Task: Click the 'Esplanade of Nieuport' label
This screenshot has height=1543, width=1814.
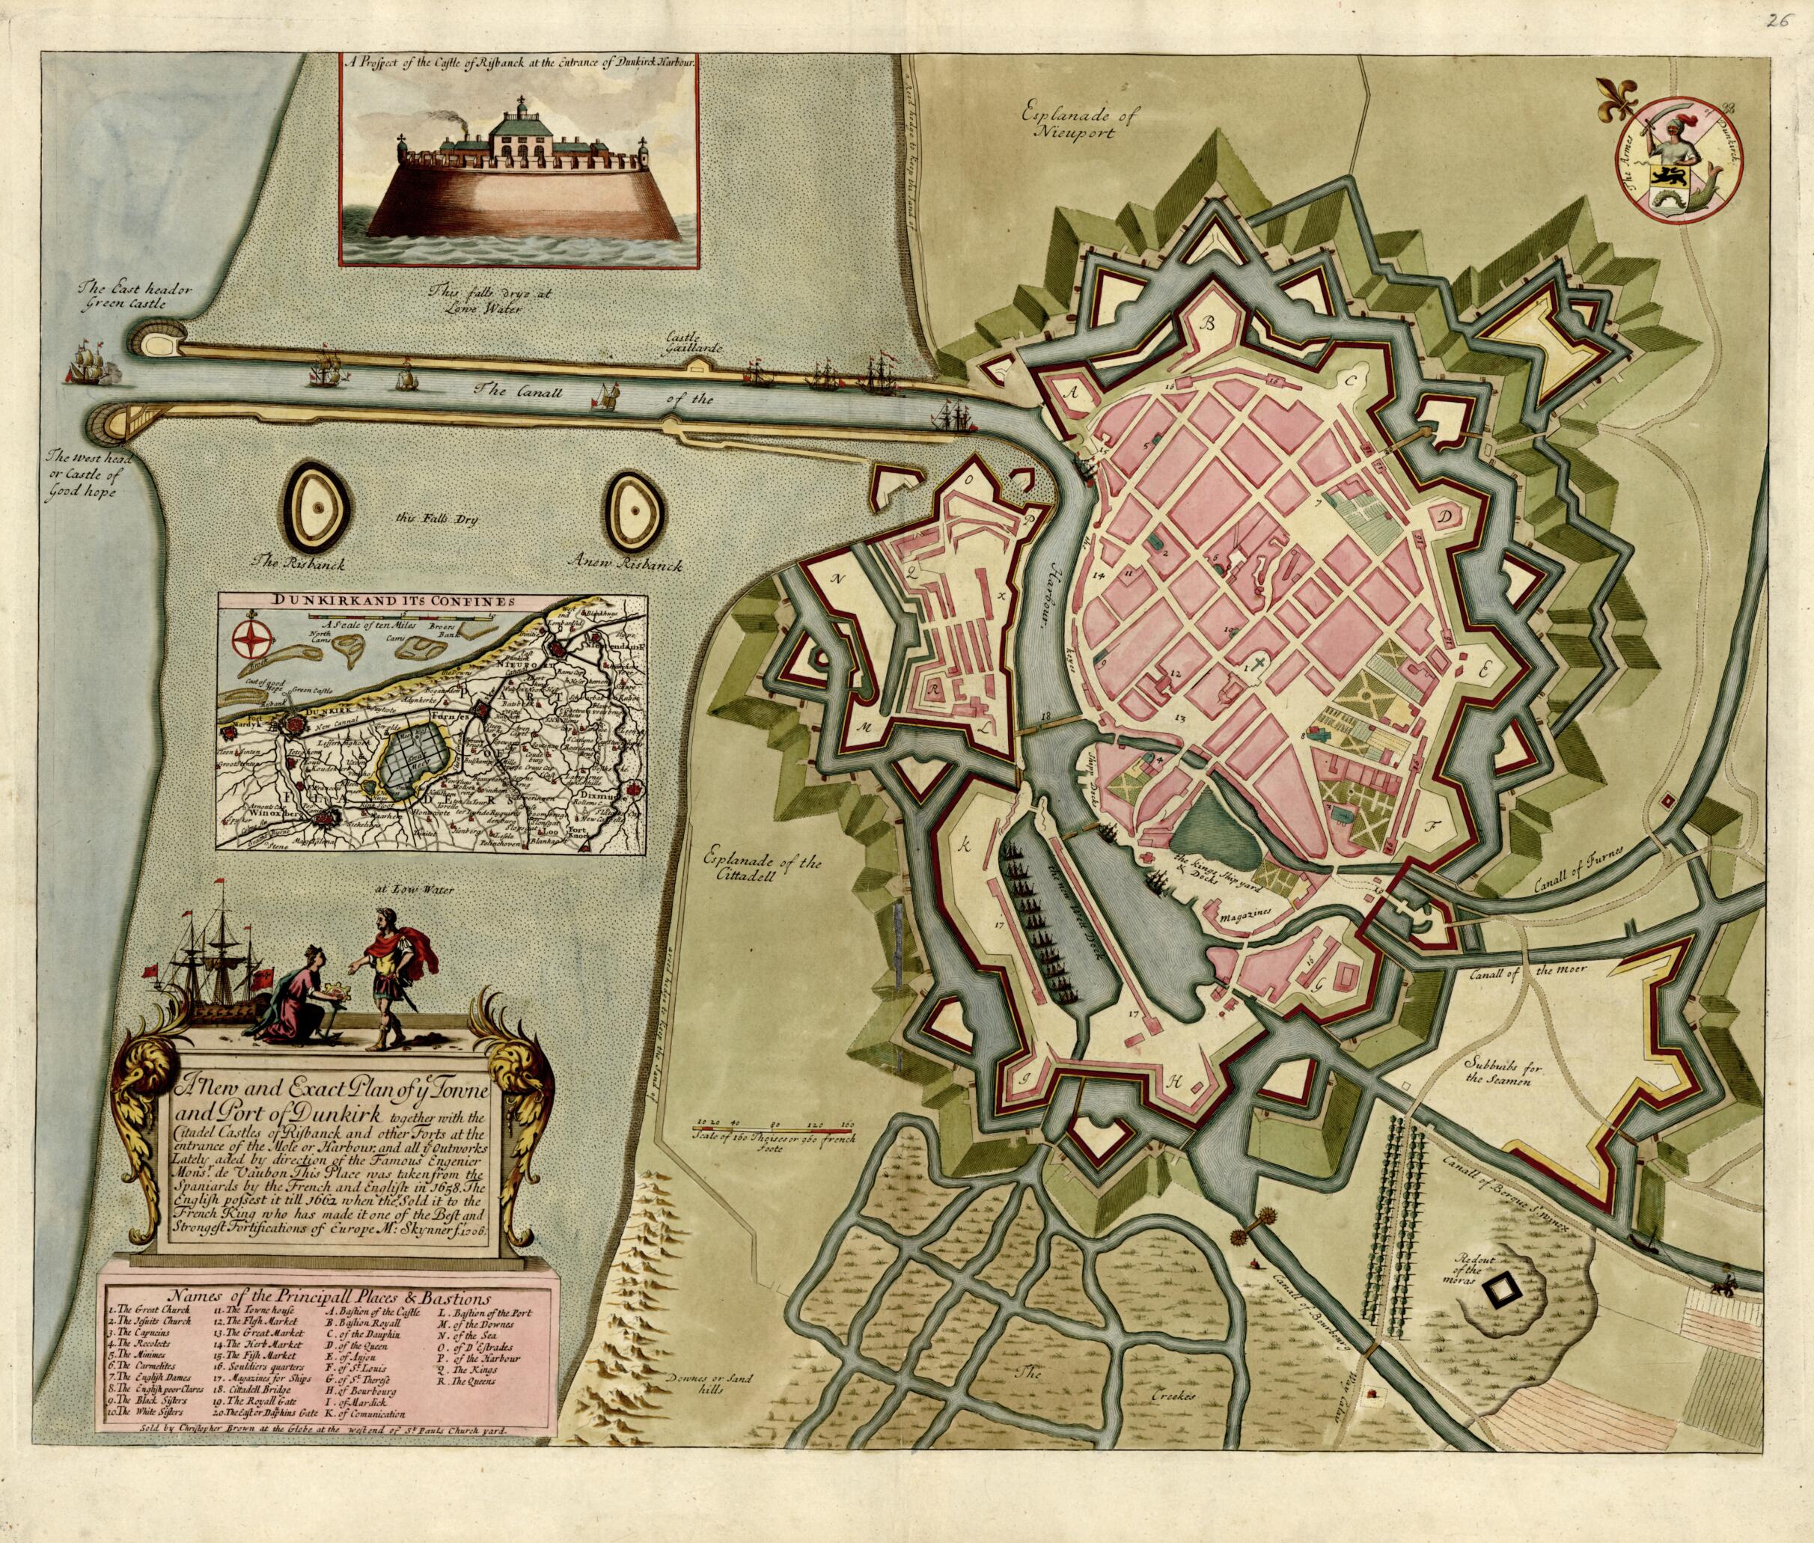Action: pos(1088,123)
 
